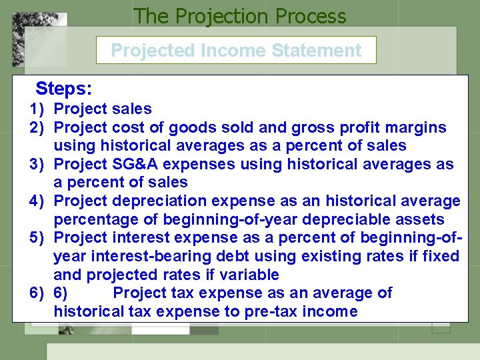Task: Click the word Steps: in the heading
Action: (x=64, y=89)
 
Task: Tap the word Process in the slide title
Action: (x=306, y=15)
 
